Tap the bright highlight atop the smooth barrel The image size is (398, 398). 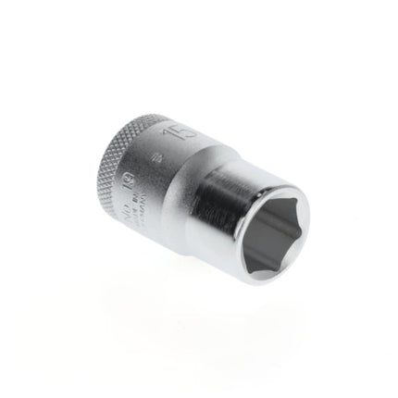click(222, 148)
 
